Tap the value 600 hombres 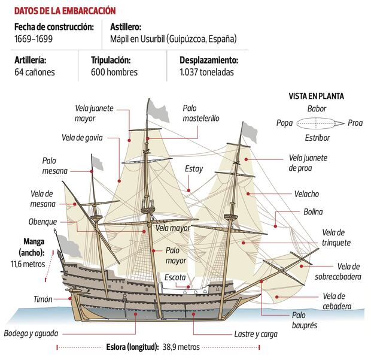[114, 72]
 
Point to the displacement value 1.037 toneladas [206, 72]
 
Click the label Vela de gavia [82, 137]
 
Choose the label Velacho [306, 194]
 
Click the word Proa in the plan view [355, 123]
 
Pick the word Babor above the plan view [316, 109]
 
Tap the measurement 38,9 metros [180, 347]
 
